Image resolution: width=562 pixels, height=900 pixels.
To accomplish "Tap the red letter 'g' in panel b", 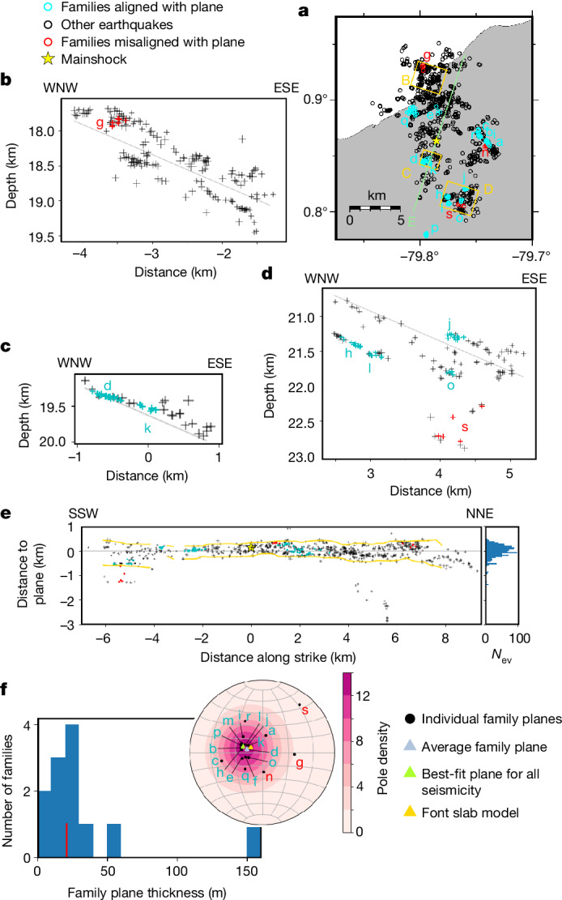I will (x=100, y=123).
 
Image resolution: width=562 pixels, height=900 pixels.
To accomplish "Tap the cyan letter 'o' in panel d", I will (x=450, y=386).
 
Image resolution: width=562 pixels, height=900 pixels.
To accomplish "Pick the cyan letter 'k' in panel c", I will (x=147, y=427).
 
